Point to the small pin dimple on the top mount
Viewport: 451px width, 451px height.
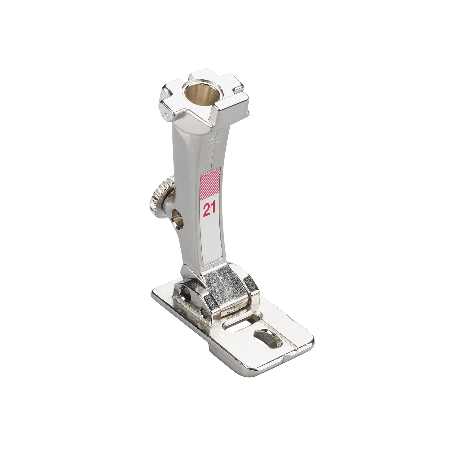point(166,115)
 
